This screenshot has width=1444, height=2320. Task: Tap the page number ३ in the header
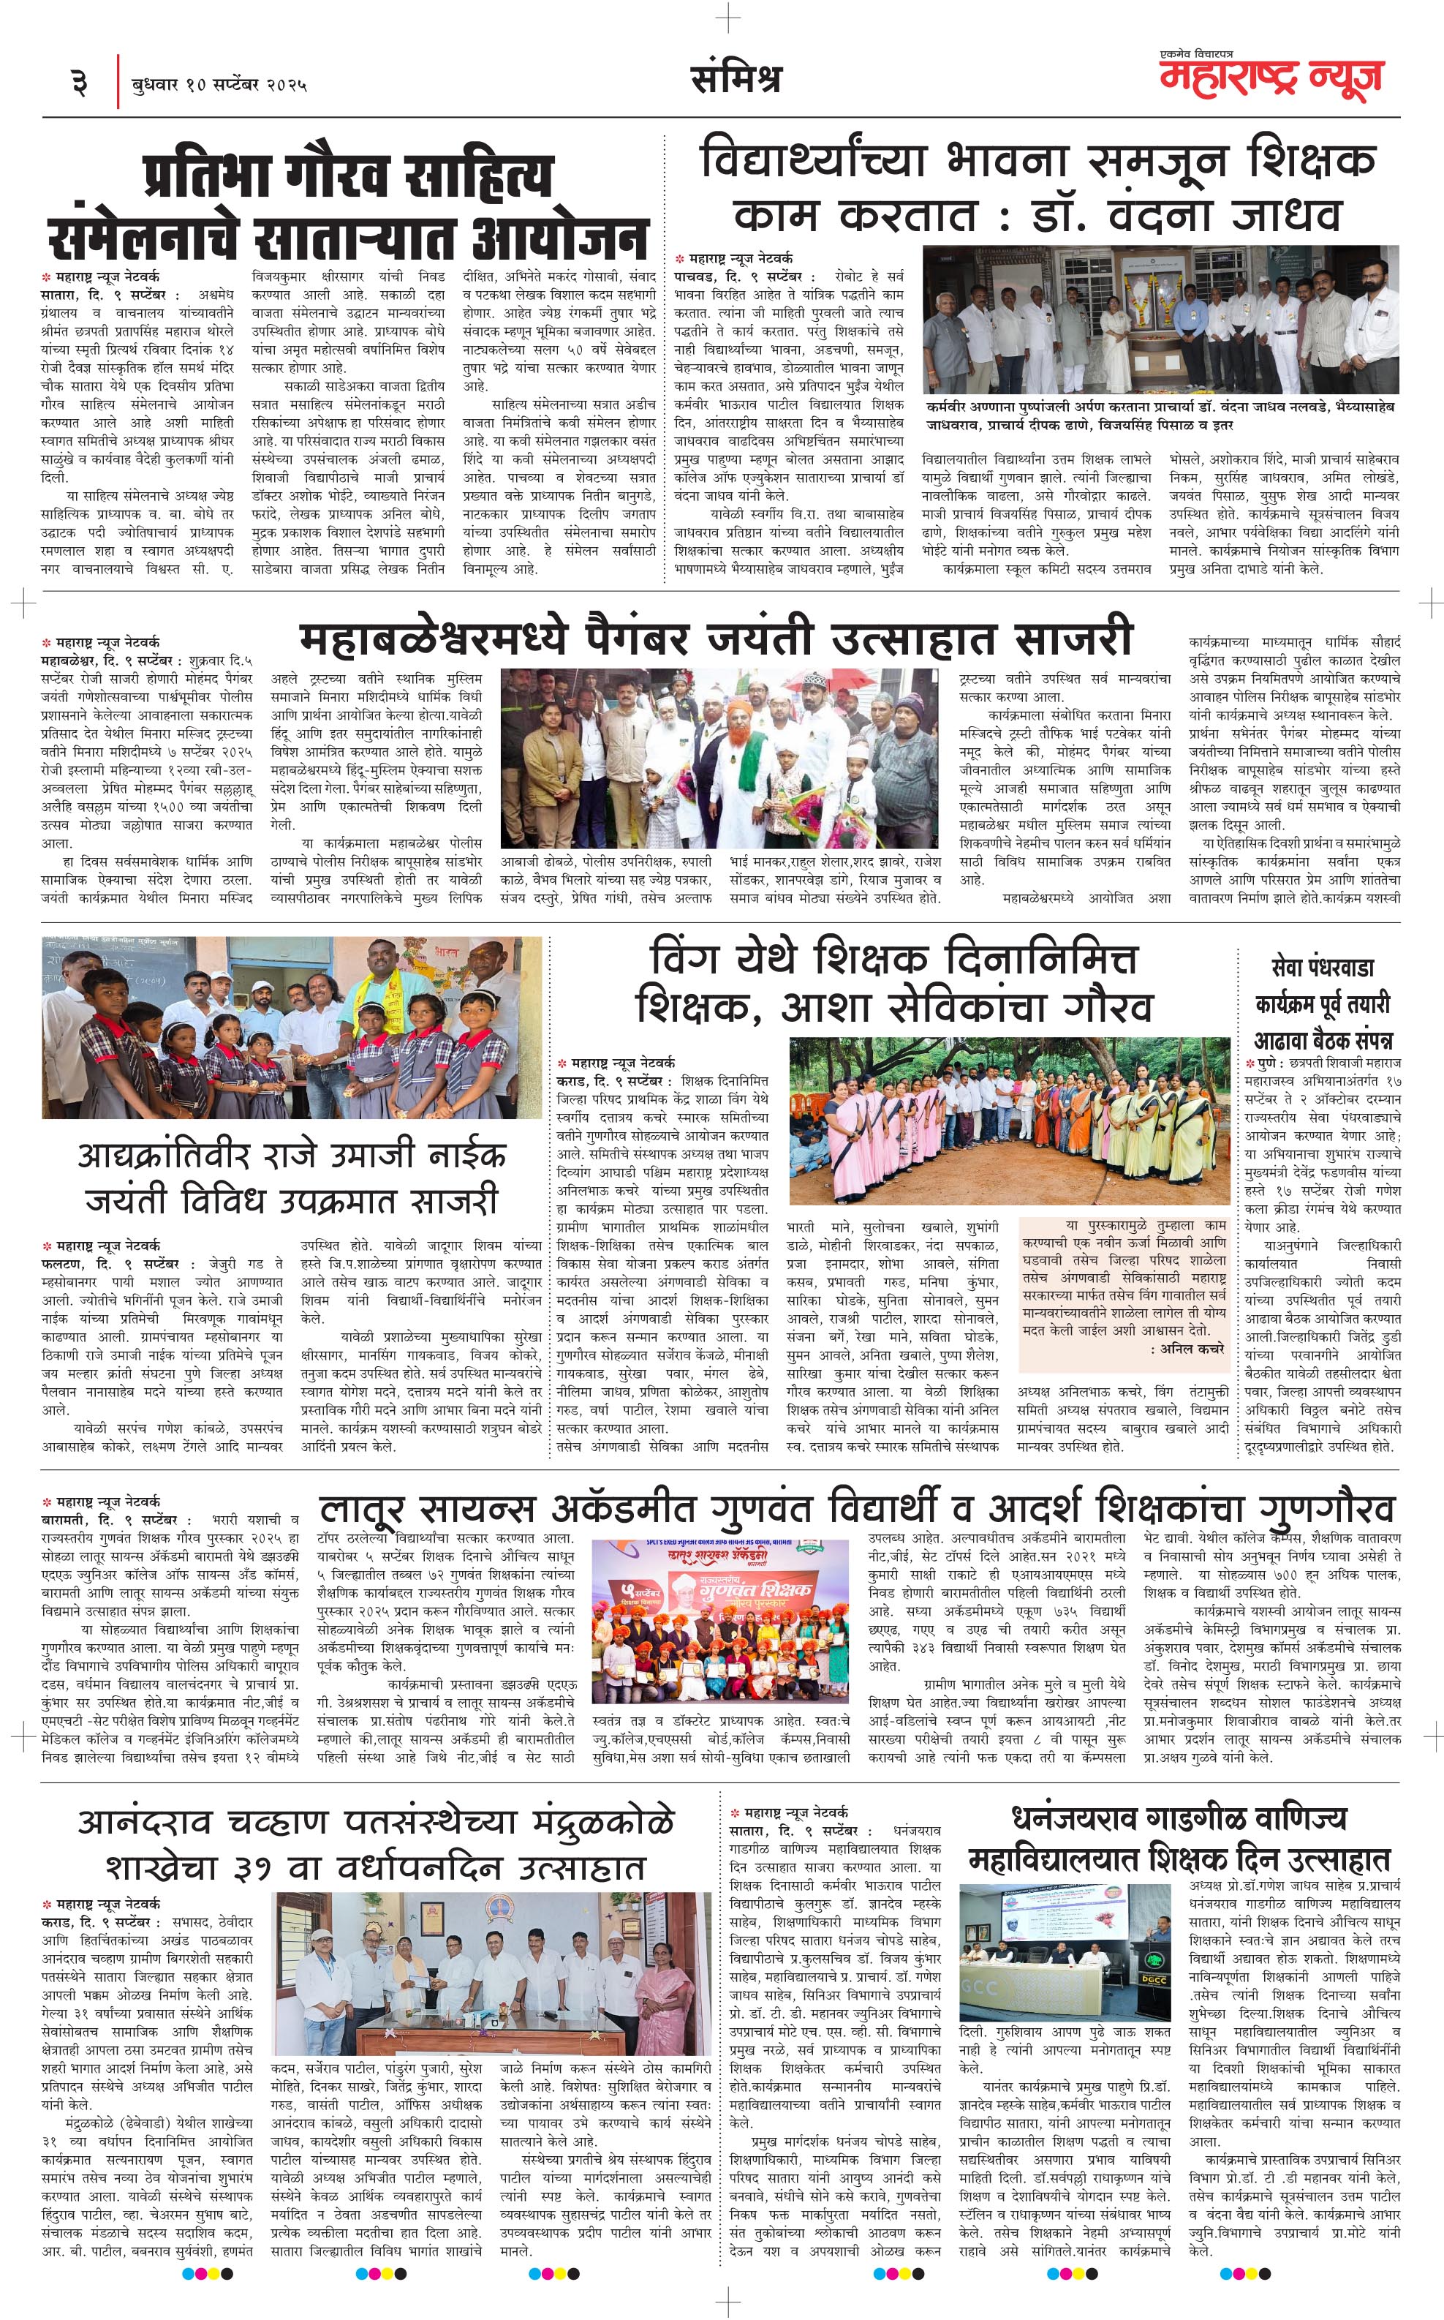[x=80, y=84]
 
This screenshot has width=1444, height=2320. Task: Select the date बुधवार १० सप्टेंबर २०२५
[x=219, y=85]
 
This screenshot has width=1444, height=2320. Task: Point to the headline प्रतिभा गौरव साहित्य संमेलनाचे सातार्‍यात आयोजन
[x=349, y=206]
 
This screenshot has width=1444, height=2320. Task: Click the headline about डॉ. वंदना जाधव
[x=1037, y=187]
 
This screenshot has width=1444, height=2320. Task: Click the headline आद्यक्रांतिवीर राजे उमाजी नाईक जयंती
[x=291, y=1177]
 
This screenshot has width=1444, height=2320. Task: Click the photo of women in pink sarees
[x=1008, y=1119]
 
